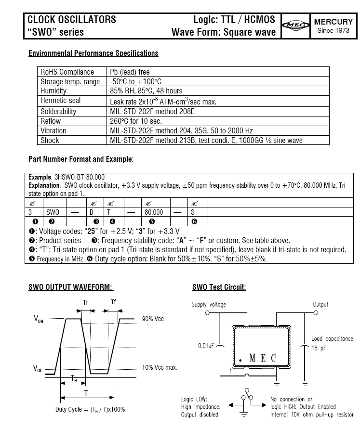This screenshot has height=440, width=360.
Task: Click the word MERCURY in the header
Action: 333,22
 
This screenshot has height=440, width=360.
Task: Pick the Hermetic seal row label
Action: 61,101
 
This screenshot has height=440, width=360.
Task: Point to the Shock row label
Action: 50,140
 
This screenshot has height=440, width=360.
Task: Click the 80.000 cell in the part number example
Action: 154,212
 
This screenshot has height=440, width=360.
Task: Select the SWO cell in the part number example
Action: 53,212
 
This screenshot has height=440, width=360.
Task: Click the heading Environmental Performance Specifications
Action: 93,53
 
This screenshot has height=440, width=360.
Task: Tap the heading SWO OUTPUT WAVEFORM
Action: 71,287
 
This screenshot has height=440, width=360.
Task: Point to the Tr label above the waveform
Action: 85,303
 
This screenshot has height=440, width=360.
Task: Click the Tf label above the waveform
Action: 113,303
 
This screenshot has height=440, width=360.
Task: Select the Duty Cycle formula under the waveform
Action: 90,410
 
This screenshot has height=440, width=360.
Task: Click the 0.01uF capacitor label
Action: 206,346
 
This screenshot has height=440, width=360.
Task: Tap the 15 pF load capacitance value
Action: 319,347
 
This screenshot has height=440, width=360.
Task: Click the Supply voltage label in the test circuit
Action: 209,305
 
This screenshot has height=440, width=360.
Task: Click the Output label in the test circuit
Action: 320,305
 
